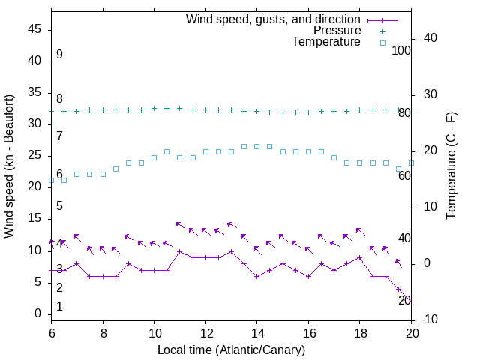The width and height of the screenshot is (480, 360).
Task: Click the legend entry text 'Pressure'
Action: tap(337, 31)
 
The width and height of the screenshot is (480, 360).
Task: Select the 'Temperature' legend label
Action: tap(326, 42)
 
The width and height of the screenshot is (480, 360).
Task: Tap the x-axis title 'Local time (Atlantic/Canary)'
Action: tap(231, 349)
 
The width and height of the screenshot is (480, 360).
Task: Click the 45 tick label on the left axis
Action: tap(34, 29)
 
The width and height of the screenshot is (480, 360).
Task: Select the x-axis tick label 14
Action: tap(256, 333)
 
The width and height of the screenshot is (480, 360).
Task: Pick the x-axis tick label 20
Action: tap(411, 333)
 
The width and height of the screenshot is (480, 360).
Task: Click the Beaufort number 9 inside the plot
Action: tap(59, 55)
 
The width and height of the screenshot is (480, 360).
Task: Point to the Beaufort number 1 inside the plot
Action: tap(59, 307)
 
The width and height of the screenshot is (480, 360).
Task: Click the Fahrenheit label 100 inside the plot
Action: tap(401, 50)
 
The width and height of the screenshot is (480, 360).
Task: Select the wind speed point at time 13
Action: tap(231, 252)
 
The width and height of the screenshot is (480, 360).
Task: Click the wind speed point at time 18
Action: tap(360, 257)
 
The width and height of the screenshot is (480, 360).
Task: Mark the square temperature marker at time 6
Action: tap(51, 181)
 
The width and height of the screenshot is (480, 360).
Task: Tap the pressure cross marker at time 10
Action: tap(154, 108)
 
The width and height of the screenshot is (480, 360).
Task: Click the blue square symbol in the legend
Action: tap(382, 43)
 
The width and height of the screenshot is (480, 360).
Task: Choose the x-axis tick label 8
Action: tap(103, 333)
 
